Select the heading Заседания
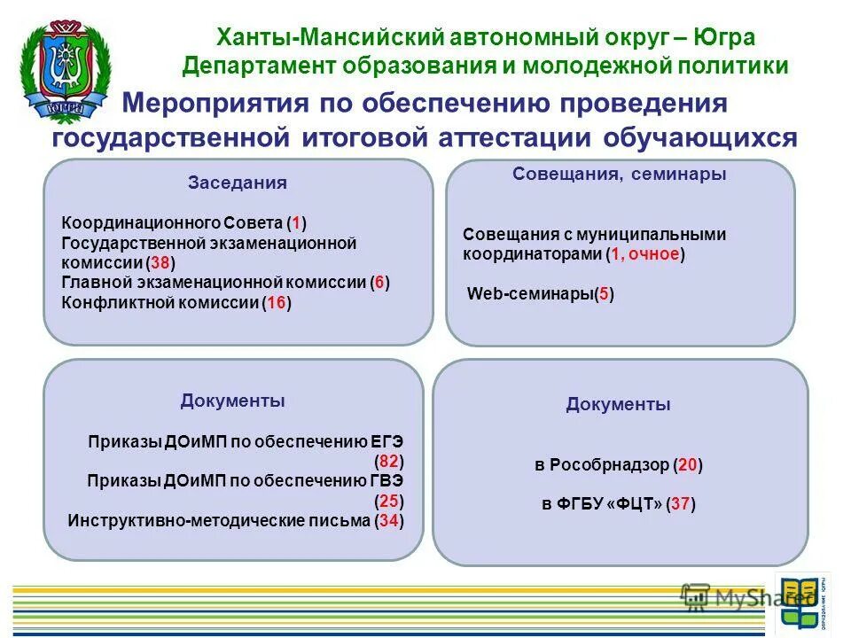coord(237,183)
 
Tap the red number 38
coord(160,263)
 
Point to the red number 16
coord(277,303)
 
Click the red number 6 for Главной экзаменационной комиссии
coord(379,283)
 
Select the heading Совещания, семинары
coord(619,175)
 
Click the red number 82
coord(389,461)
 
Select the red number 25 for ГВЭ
coord(389,501)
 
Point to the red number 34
coord(388,521)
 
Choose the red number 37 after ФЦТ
coord(680,504)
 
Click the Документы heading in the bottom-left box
coord(232,401)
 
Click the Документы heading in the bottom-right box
coord(618,405)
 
